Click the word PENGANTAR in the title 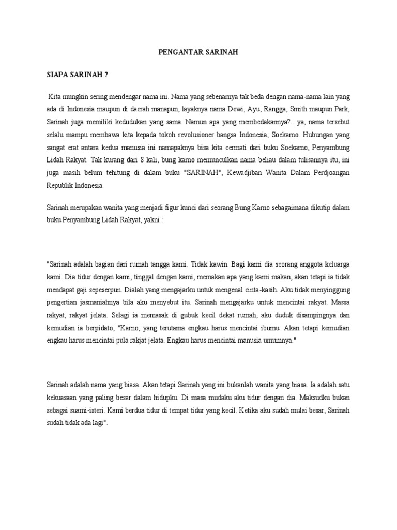(174, 52)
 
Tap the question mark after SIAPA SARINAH (106, 75)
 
